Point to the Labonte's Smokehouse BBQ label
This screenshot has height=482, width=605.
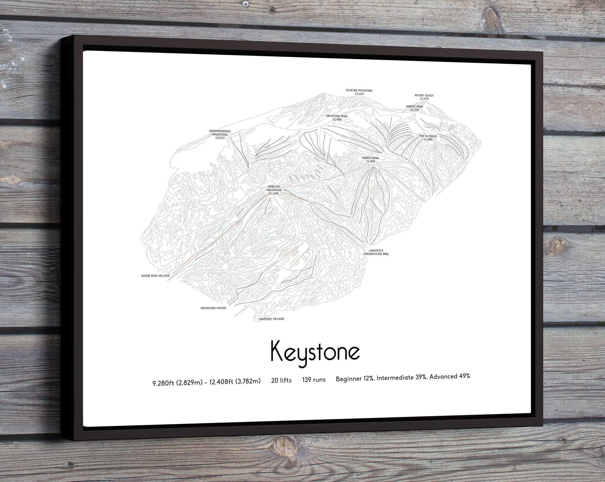376,252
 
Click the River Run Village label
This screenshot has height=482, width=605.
155,276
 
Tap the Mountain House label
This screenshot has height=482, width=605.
213,308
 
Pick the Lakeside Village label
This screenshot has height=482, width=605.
271,319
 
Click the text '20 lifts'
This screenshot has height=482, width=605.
281,380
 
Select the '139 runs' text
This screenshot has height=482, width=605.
314,379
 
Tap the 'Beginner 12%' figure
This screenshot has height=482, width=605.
355,379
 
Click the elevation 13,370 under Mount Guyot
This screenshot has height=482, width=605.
424,99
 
